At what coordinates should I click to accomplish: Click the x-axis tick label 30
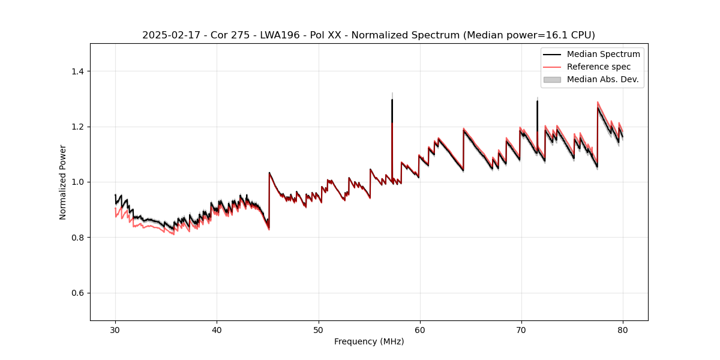(x=115, y=329)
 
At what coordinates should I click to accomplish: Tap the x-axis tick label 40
(x=217, y=329)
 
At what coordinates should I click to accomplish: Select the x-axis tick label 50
(x=318, y=329)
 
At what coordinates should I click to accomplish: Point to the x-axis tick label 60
(x=420, y=329)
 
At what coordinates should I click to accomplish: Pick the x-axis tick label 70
(x=521, y=329)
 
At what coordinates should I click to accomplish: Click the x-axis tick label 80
(x=623, y=329)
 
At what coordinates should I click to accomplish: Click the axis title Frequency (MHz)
(x=369, y=341)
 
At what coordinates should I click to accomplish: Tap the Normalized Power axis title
(x=63, y=182)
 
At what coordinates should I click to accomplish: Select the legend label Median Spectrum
(x=603, y=54)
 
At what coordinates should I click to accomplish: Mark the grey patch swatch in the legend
(x=552, y=79)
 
